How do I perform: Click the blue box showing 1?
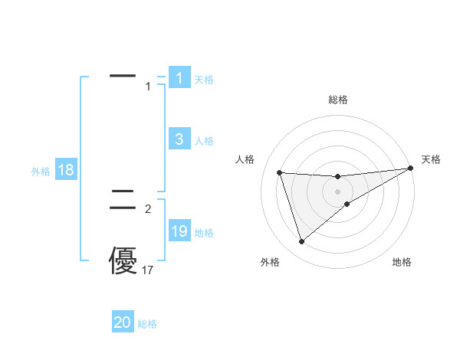[x=179, y=77]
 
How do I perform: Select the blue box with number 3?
[x=179, y=139]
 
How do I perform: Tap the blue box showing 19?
[x=179, y=231]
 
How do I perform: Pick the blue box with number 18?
[x=66, y=170]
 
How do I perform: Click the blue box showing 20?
[x=123, y=322]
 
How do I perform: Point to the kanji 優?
[x=123, y=260]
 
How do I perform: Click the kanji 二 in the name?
[x=123, y=201]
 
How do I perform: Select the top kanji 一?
[x=123, y=77]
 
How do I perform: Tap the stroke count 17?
[x=148, y=270]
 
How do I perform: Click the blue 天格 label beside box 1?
[x=204, y=79]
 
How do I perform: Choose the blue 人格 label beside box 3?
[x=204, y=141]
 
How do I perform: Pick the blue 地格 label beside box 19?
[x=204, y=233]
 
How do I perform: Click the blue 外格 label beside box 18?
[x=41, y=172]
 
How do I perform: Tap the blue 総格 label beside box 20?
[x=147, y=324]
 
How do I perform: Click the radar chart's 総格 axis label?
[x=338, y=100]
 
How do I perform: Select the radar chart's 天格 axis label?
[x=431, y=159]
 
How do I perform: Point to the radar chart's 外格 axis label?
[x=270, y=262]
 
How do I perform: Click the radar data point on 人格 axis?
[x=279, y=172]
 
